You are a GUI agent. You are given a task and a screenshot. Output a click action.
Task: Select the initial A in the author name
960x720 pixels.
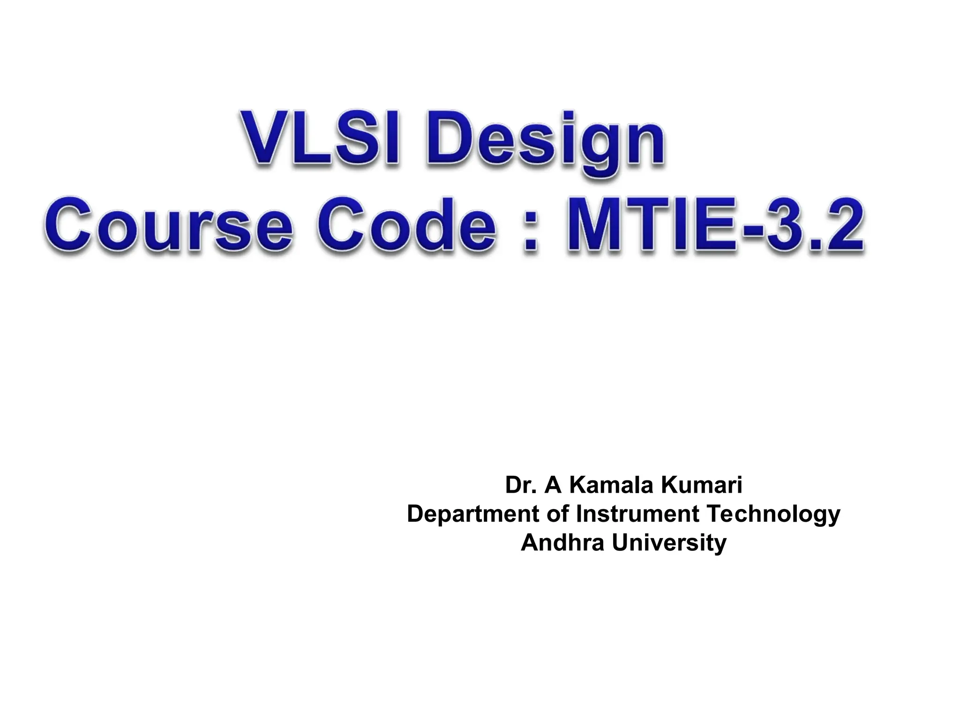553,486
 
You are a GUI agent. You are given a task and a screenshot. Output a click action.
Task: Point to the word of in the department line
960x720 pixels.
558,514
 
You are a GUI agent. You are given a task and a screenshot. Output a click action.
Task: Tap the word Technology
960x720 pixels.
773,515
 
